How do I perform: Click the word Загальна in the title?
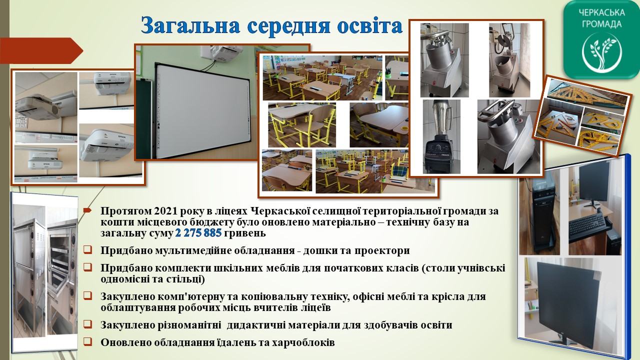tap(190, 25)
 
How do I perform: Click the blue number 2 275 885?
tap(198, 233)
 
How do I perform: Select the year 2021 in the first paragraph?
tap(165, 211)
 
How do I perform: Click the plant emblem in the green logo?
tap(601, 52)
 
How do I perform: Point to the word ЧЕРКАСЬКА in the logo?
tap(601, 13)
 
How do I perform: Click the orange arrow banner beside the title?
tap(41, 50)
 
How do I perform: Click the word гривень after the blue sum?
tap(245, 233)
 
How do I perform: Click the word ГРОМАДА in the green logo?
tap(601, 24)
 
